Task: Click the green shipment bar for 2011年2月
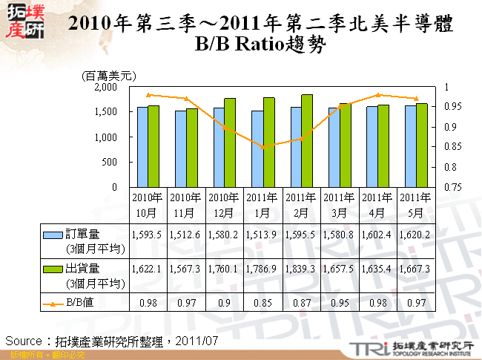(x=307, y=140)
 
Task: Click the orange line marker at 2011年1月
(x=263, y=147)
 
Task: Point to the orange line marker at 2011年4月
(x=377, y=95)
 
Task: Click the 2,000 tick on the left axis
(x=107, y=87)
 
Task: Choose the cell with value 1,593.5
(x=146, y=235)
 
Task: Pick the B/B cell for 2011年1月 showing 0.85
(x=263, y=303)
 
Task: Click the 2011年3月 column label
(x=339, y=205)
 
